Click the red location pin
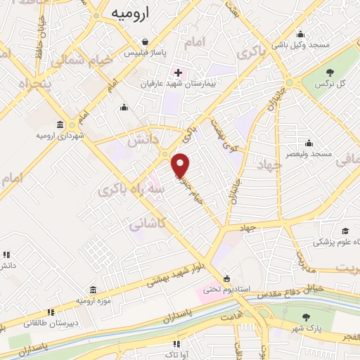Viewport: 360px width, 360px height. point(181,165)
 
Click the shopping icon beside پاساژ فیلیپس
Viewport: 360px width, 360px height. point(145,40)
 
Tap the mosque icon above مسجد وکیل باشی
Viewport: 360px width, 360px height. point(301,34)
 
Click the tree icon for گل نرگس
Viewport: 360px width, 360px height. point(330,72)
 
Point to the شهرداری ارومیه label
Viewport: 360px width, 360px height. point(62,135)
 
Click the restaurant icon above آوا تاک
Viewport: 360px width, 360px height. point(176,344)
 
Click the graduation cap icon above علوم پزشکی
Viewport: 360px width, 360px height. point(345,231)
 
